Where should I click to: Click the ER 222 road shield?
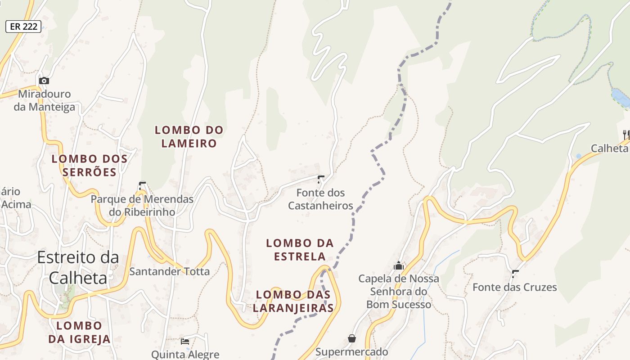pyautogui.click(x=24, y=27)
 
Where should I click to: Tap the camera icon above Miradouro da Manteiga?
pyautogui.click(x=44, y=81)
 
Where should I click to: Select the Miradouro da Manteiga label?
pyautogui.click(x=44, y=100)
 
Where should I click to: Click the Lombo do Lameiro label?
pyautogui.click(x=189, y=137)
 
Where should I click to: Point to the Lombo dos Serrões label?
pyautogui.click(x=90, y=165)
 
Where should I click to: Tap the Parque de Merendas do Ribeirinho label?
pyautogui.click(x=142, y=205)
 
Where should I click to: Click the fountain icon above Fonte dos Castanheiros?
pyautogui.click(x=320, y=180)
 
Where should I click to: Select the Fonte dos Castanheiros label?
pyautogui.click(x=320, y=199)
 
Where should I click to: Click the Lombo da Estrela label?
pyautogui.click(x=300, y=250)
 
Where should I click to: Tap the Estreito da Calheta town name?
pyautogui.click(x=78, y=267)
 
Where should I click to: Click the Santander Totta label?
pyautogui.click(x=169, y=271)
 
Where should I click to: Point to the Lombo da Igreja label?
pyautogui.click(x=79, y=332)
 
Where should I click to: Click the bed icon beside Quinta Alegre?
pyautogui.click(x=185, y=342)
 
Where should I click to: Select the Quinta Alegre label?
pyautogui.click(x=185, y=355)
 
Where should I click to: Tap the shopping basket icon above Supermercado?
pyautogui.click(x=351, y=338)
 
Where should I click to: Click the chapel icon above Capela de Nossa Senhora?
pyautogui.click(x=398, y=266)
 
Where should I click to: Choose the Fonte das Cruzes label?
pyautogui.click(x=514, y=287)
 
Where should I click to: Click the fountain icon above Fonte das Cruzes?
pyautogui.click(x=515, y=274)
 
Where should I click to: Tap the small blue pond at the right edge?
pyautogui.click(x=621, y=97)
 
